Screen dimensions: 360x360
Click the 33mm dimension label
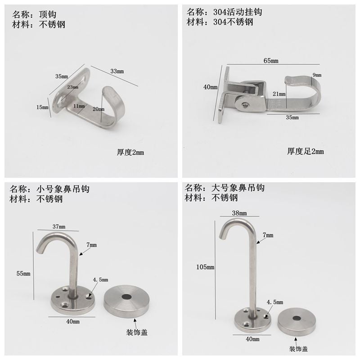click(x=117, y=71)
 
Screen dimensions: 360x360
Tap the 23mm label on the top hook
click(x=73, y=87)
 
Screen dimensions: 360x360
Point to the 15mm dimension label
click(x=42, y=107)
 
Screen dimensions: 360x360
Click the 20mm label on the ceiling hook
click(x=98, y=109)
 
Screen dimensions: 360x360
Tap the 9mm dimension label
click(x=317, y=74)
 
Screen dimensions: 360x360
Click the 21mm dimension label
click(x=279, y=94)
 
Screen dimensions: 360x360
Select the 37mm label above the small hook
click(x=58, y=226)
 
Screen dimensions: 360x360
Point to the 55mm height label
click(x=23, y=274)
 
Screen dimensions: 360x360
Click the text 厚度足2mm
click(x=306, y=152)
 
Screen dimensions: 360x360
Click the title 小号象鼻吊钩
click(x=63, y=189)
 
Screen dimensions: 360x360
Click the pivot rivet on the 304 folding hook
click(x=245, y=104)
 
